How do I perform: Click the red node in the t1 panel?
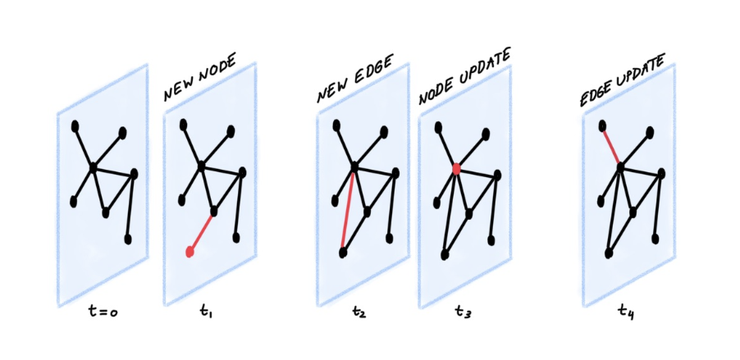[190, 253]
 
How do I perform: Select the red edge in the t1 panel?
[202, 232]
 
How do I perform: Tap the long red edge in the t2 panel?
[349, 208]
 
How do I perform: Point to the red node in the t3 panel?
[455, 168]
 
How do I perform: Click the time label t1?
[206, 312]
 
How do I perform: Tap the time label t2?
[358, 312]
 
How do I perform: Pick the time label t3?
[463, 312]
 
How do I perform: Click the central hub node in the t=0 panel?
[93, 167]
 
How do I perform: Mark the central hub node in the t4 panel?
[620, 167]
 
